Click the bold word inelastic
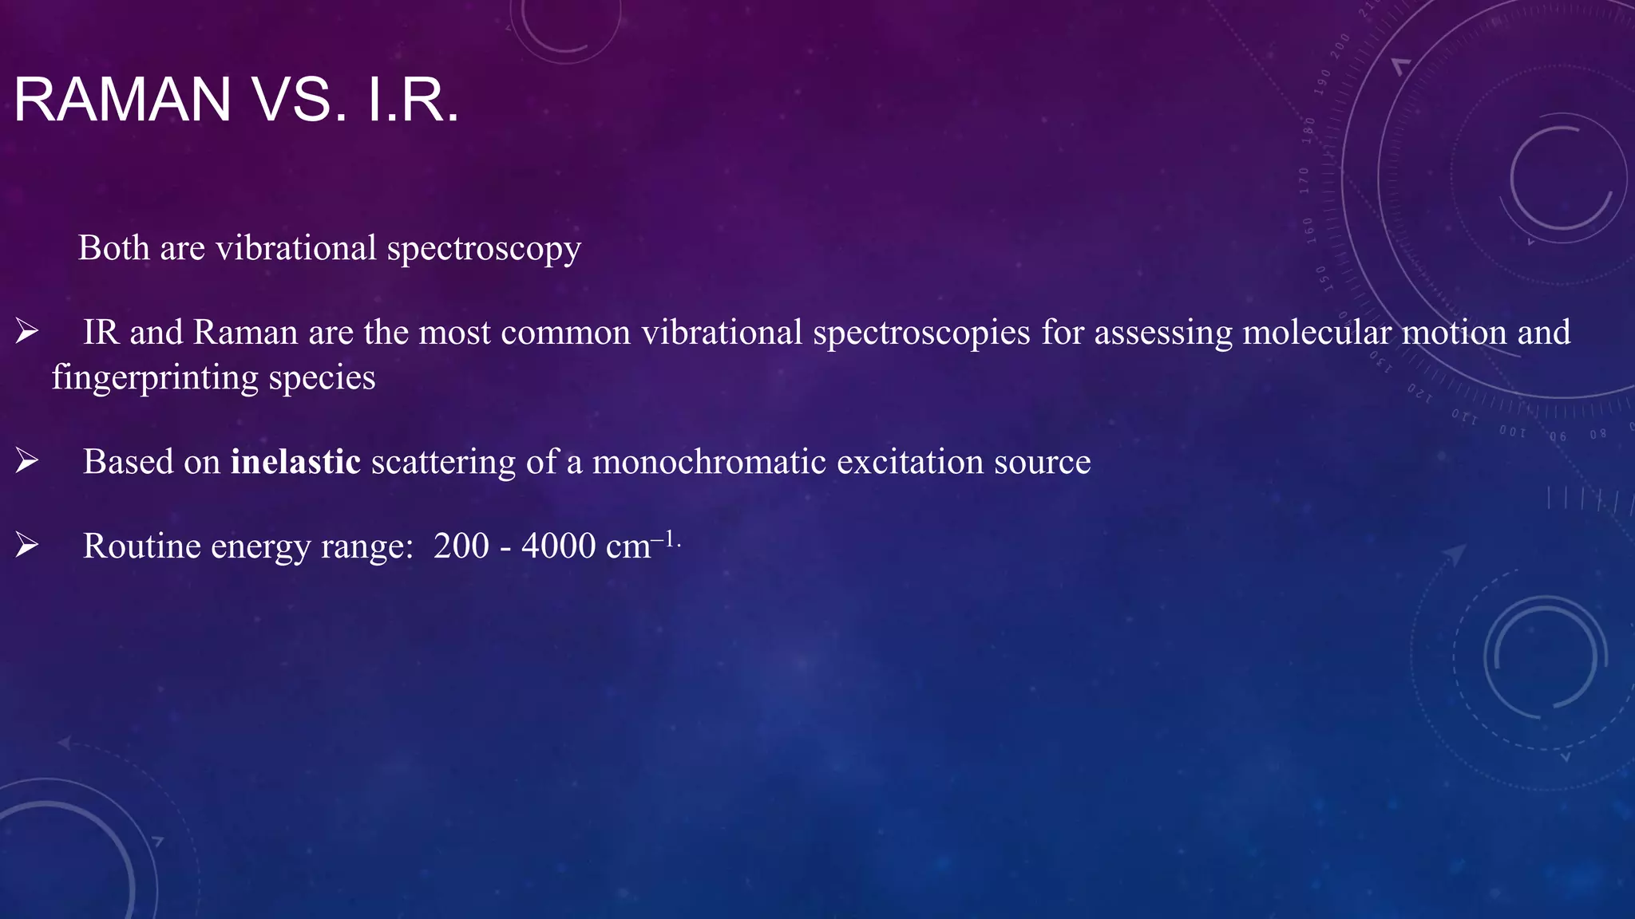(x=295, y=462)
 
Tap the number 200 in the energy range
(x=461, y=546)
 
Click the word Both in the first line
(x=114, y=248)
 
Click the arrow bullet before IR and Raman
(x=27, y=331)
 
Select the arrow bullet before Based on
(x=27, y=460)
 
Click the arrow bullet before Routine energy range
(x=27, y=545)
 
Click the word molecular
(x=1316, y=333)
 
